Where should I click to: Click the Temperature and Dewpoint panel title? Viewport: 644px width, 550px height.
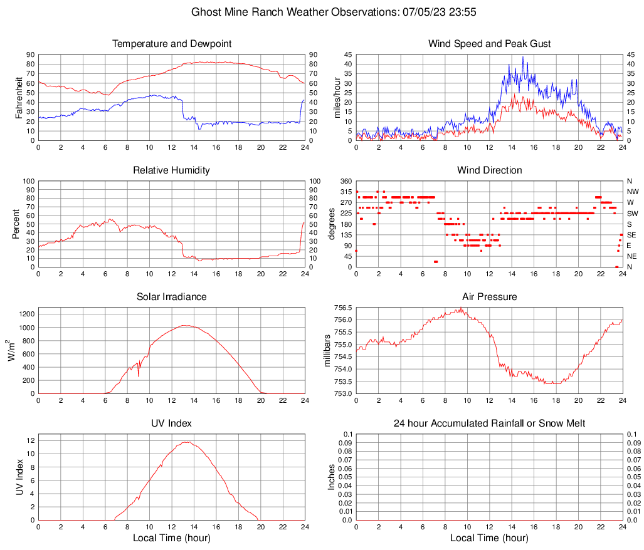coord(171,44)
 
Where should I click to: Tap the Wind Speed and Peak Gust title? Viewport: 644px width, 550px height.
coord(489,44)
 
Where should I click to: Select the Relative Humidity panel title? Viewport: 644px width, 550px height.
coord(171,170)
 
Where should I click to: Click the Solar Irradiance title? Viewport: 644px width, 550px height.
coord(171,297)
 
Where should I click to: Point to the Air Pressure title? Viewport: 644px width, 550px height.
coord(489,297)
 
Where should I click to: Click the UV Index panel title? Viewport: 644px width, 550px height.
coord(171,423)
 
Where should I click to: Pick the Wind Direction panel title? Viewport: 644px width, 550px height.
coord(489,170)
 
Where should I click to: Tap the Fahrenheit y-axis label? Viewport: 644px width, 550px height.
coord(19,98)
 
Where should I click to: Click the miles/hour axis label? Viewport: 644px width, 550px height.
coord(337,98)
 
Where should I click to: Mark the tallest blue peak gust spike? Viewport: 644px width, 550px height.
coord(523,58)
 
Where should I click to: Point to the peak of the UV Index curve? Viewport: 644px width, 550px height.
coord(186,442)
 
